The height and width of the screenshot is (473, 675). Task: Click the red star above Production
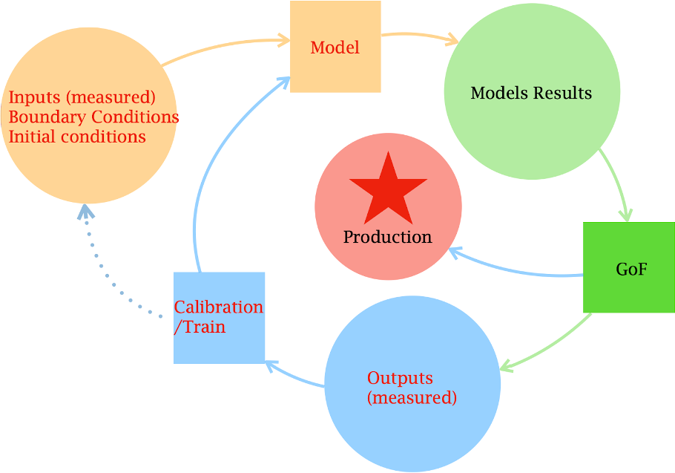(x=388, y=191)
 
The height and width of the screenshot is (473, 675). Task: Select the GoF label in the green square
(x=631, y=269)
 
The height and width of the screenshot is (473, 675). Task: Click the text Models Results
(x=531, y=93)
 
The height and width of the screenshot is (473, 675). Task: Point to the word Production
(x=387, y=237)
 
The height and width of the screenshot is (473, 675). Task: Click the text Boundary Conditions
(x=93, y=117)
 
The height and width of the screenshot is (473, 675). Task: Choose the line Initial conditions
(x=77, y=137)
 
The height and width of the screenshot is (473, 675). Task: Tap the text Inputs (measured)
(x=82, y=98)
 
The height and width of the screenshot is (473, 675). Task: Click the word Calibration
(x=218, y=307)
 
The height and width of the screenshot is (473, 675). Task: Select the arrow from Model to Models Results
(x=415, y=35)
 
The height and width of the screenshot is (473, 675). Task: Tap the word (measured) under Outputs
(x=412, y=397)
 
